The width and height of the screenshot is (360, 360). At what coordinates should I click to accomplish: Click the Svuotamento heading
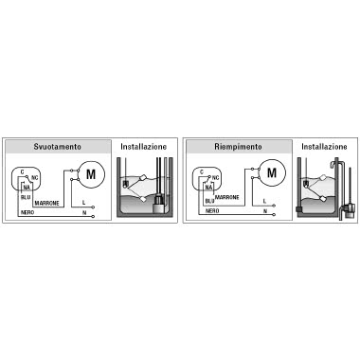pos(57,147)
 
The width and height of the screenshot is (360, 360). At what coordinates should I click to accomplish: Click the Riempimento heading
pos(238,147)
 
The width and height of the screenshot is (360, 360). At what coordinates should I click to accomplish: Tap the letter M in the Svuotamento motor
pos(91,174)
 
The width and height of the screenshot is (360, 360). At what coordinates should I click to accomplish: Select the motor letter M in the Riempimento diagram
pos(272,172)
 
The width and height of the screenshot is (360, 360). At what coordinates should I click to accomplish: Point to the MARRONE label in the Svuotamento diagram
pos(46,203)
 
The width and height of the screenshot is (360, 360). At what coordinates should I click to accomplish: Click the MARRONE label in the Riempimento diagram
pos(227,197)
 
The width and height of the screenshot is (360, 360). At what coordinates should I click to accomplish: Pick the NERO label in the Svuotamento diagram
pos(27,212)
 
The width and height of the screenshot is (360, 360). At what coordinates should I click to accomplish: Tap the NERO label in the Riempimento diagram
pos(212,210)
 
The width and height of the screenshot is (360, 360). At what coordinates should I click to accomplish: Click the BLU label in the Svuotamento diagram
pos(26,197)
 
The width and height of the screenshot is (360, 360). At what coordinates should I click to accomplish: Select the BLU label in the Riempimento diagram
pos(209,201)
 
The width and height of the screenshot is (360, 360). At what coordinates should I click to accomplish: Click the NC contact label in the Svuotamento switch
pos(35,178)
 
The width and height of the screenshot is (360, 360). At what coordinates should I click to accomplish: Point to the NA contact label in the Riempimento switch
pos(208,188)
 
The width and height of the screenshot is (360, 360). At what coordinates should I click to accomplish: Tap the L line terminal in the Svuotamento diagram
pos(93,207)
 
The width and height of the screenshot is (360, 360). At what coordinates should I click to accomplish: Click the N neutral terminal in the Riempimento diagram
pos(274,215)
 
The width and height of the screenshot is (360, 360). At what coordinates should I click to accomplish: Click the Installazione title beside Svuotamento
pos(143,147)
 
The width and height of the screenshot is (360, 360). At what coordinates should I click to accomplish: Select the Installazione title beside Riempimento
pos(324,147)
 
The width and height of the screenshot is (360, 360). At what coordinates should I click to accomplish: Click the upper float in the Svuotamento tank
pos(143,178)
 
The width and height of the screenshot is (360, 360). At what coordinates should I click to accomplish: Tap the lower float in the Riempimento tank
pos(323,198)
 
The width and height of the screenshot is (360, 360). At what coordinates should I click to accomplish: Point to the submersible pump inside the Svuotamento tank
pos(158,206)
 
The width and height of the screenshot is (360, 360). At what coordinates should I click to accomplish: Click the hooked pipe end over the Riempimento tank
pos(333,163)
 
